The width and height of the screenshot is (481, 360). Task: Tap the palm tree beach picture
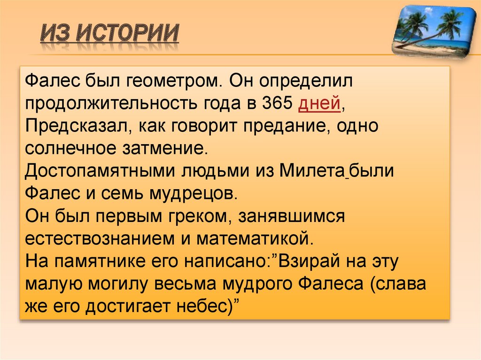coord(434,31)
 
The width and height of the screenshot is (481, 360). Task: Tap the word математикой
coord(254,238)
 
